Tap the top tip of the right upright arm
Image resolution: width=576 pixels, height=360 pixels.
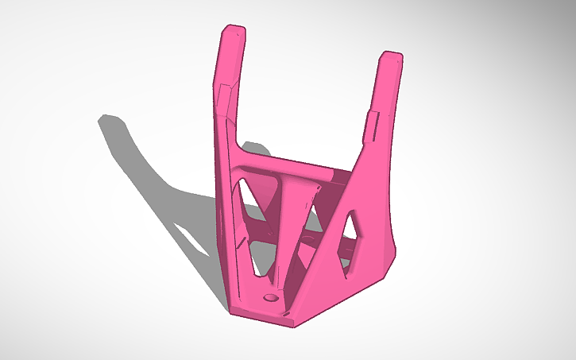(391, 56)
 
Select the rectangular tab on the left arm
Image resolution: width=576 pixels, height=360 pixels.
(225, 97)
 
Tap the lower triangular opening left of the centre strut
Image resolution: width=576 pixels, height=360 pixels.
(262, 254)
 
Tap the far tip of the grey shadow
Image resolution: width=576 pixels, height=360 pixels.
(102, 119)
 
